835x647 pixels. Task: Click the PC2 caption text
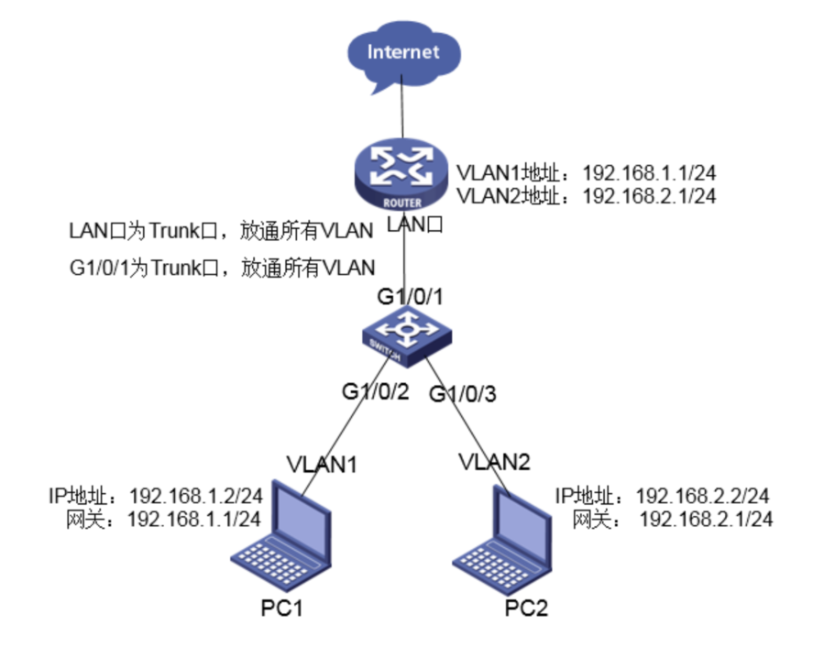click(x=525, y=609)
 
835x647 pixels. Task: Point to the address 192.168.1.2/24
click(x=196, y=496)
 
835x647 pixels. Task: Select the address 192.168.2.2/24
click(x=702, y=496)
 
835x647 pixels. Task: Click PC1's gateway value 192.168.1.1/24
click(x=193, y=518)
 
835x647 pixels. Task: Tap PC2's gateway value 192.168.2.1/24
click(x=706, y=519)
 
